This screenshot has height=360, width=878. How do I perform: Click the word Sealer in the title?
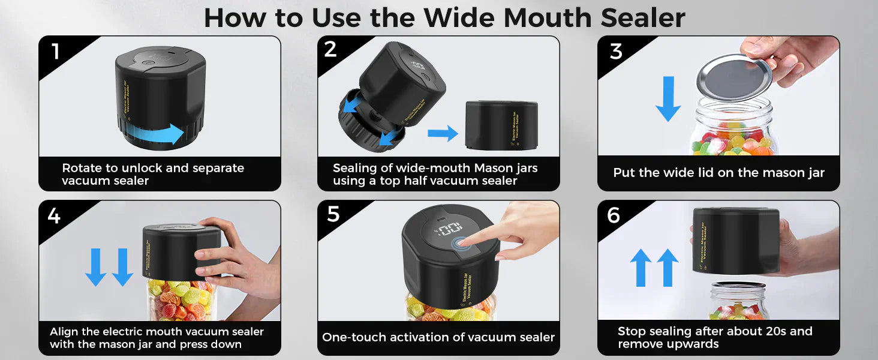(x=643, y=18)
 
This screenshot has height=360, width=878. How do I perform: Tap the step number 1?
(x=56, y=51)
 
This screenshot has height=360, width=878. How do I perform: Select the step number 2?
(x=330, y=49)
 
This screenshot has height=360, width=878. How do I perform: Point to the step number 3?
(x=616, y=52)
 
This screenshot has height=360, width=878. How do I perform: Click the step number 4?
(x=54, y=215)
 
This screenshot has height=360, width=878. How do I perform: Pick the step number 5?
(x=333, y=214)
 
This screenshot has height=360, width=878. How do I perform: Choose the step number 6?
(x=614, y=215)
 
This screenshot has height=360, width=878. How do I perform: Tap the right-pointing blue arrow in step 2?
(x=443, y=133)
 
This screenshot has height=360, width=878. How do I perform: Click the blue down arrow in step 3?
(x=668, y=99)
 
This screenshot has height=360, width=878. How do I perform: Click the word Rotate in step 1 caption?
(x=83, y=168)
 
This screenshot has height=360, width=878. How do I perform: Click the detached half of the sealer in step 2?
(x=501, y=125)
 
